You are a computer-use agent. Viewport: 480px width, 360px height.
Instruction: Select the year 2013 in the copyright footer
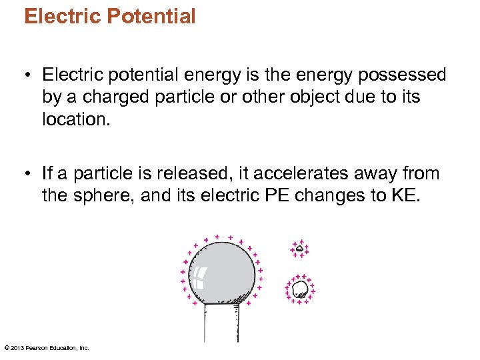tap(17, 348)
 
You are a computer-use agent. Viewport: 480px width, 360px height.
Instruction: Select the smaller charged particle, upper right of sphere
tap(299, 249)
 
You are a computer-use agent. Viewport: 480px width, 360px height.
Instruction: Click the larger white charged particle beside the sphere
tap(300, 289)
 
